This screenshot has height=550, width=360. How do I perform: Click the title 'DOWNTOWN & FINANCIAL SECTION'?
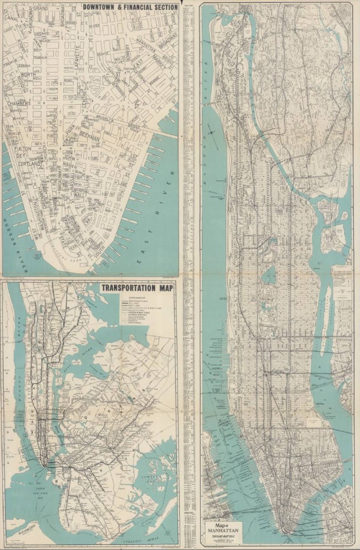130,7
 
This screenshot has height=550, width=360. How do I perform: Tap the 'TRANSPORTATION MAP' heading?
138,287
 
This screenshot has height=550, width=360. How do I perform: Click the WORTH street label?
28,75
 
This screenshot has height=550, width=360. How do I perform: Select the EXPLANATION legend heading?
138,297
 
